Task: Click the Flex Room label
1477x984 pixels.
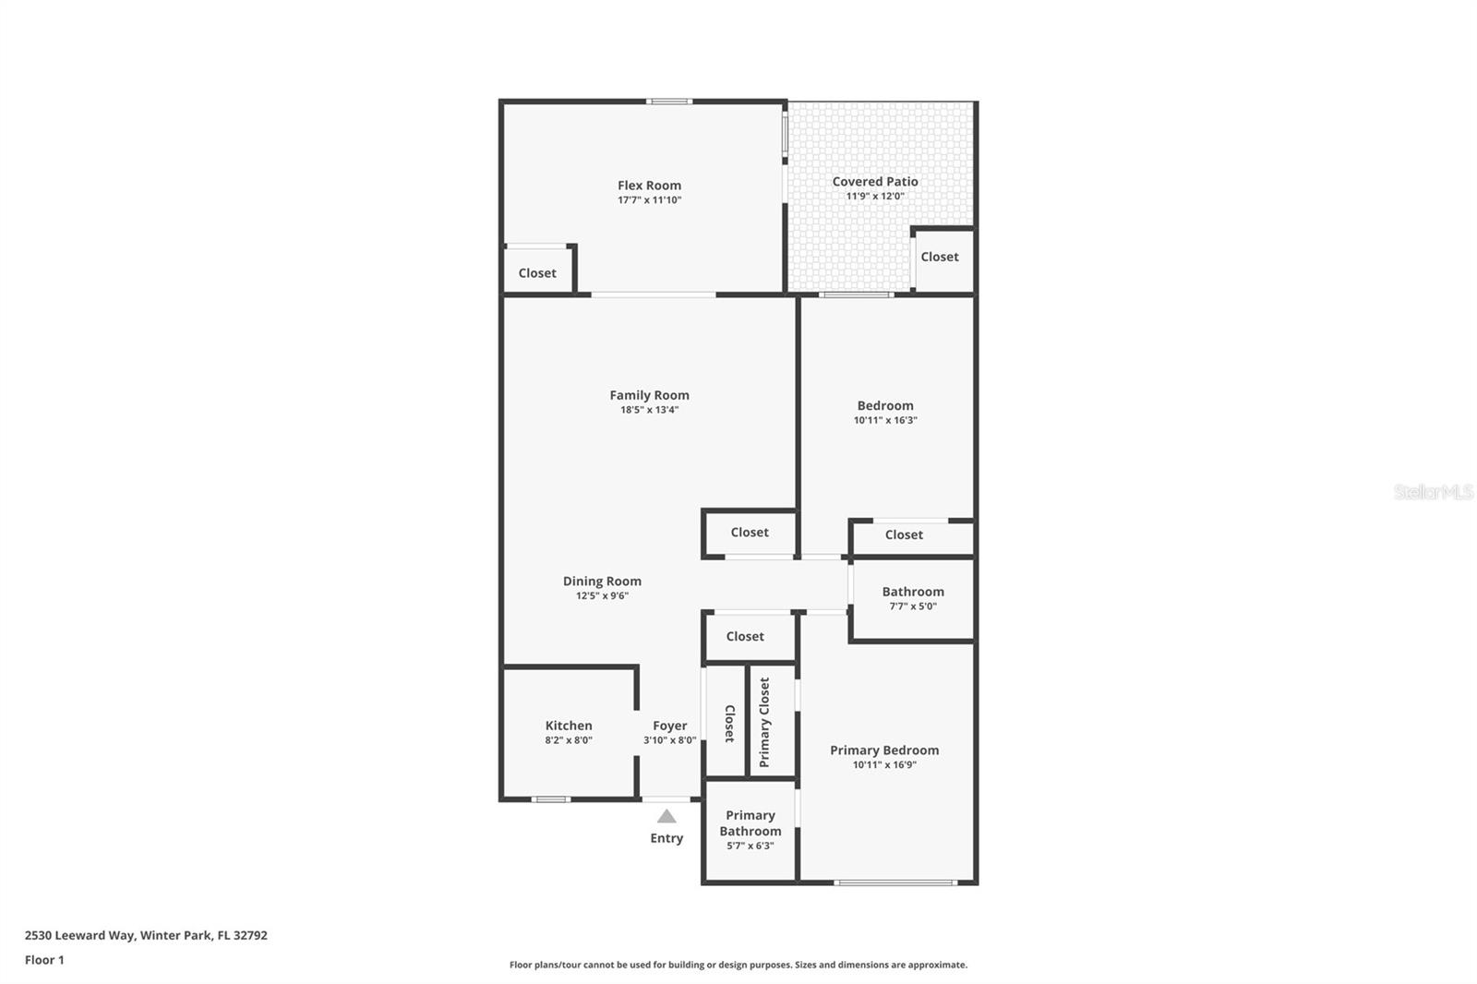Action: point(649,186)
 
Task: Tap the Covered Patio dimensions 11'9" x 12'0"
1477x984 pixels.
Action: point(874,197)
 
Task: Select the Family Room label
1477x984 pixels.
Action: point(649,395)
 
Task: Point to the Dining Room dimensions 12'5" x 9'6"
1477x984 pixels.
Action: point(602,596)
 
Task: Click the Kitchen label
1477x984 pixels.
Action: point(569,726)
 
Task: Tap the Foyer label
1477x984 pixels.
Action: point(670,726)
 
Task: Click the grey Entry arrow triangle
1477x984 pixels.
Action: point(666,817)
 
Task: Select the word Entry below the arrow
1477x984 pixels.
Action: point(666,838)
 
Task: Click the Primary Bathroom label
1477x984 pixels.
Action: point(751,823)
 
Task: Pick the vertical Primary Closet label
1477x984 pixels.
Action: point(764,722)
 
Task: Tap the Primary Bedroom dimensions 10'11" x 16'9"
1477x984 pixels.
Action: point(884,765)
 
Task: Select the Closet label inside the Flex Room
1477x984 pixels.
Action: point(537,273)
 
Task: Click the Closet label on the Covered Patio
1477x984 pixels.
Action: point(940,257)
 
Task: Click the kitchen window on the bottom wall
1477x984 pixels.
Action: point(551,799)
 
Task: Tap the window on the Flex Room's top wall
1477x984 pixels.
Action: point(669,102)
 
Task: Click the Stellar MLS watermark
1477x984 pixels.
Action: point(1433,492)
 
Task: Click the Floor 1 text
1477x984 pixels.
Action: point(44,960)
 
